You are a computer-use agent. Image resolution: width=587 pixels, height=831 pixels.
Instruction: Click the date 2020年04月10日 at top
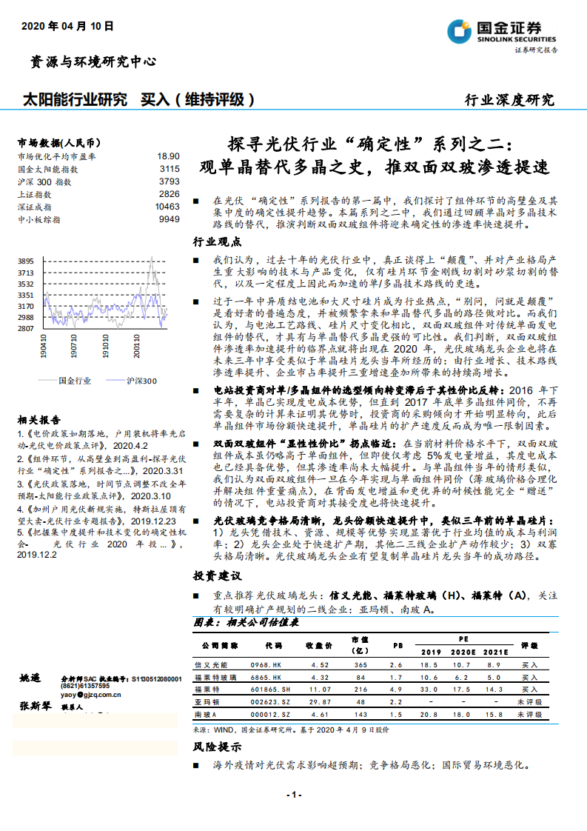point(67,26)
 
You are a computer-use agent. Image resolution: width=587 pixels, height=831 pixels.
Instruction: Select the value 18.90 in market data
point(168,156)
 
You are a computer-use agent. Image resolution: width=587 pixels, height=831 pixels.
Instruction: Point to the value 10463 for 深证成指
point(167,207)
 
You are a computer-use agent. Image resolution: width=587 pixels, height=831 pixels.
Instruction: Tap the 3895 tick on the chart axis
point(26,261)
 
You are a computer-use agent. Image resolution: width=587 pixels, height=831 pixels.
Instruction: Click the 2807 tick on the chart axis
point(26,328)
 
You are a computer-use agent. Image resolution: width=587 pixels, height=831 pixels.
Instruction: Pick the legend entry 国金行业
point(74,381)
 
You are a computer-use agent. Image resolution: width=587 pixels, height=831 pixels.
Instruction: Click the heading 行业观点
point(217,242)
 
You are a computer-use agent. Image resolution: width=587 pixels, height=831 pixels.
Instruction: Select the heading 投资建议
point(217,575)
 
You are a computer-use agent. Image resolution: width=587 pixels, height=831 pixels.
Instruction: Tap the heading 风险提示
point(217,747)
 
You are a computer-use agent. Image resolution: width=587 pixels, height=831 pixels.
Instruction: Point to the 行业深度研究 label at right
point(509,100)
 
